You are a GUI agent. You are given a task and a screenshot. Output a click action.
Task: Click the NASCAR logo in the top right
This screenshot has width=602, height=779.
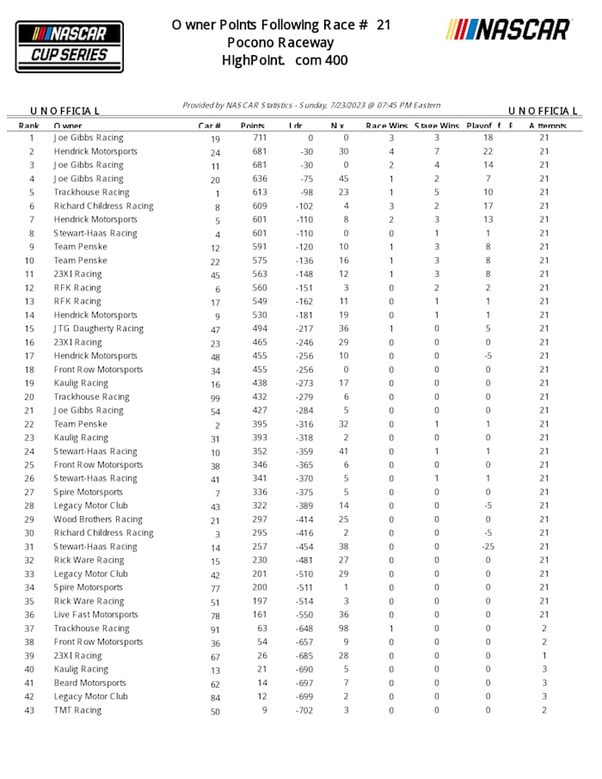(508, 30)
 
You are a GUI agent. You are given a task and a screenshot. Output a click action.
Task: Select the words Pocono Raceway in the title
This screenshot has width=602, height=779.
(280, 42)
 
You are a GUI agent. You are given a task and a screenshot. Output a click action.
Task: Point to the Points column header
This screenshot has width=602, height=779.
(252, 126)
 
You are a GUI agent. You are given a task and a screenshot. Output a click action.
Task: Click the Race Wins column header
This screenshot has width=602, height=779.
(386, 126)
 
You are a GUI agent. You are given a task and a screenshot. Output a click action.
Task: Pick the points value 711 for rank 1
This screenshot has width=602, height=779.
(260, 138)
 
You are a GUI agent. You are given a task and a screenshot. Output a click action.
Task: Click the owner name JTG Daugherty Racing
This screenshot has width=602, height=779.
(98, 328)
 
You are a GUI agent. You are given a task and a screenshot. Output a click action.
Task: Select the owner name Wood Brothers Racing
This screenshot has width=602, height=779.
(98, 519)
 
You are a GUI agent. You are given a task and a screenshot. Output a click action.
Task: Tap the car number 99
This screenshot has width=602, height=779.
(215, 397)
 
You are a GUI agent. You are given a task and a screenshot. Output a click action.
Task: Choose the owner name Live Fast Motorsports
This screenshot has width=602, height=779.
(95, 615)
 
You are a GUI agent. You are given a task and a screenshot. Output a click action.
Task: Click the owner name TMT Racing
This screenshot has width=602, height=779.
(77, 710)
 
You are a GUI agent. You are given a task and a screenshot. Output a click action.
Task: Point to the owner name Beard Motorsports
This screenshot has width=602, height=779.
(89, 683)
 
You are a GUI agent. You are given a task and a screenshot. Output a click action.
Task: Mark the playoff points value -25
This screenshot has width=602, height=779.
(488, 547)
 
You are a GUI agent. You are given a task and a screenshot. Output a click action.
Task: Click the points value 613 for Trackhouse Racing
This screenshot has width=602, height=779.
(260, 193)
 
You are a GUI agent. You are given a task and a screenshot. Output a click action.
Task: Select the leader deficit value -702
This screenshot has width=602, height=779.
(304, 710)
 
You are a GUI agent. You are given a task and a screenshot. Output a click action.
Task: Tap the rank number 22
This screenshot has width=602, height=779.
(30, 424)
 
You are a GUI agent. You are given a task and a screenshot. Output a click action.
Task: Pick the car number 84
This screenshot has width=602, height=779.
(215, 697)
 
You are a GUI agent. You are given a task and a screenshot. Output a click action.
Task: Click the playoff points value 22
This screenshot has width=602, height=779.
(488, 151)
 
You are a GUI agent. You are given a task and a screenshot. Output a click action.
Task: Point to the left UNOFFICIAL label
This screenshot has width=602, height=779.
(64, 111)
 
